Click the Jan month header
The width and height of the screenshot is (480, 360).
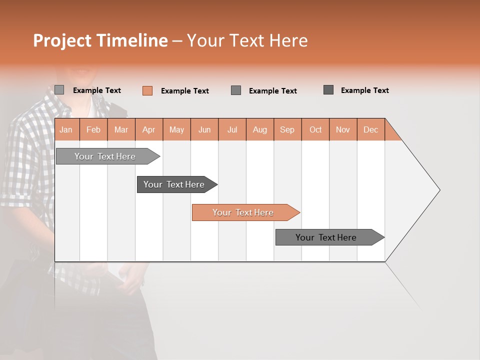(66, 129)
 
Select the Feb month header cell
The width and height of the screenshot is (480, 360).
(93, 129)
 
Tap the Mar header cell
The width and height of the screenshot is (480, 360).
(121, 129)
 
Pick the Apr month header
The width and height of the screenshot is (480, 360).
(149, 129)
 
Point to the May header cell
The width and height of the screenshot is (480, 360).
(176, 129)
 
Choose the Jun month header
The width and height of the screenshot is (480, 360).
(204, 129)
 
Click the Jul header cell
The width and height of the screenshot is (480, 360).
(232, 129)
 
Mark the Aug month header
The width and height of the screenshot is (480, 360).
(260, 129)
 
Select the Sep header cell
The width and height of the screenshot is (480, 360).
(287, 129)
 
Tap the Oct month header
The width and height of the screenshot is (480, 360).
(315, 129)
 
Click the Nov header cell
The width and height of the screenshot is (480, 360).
(343, 129)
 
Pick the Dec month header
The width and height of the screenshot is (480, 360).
(371, 129)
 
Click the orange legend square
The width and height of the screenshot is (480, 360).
(147, 90)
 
